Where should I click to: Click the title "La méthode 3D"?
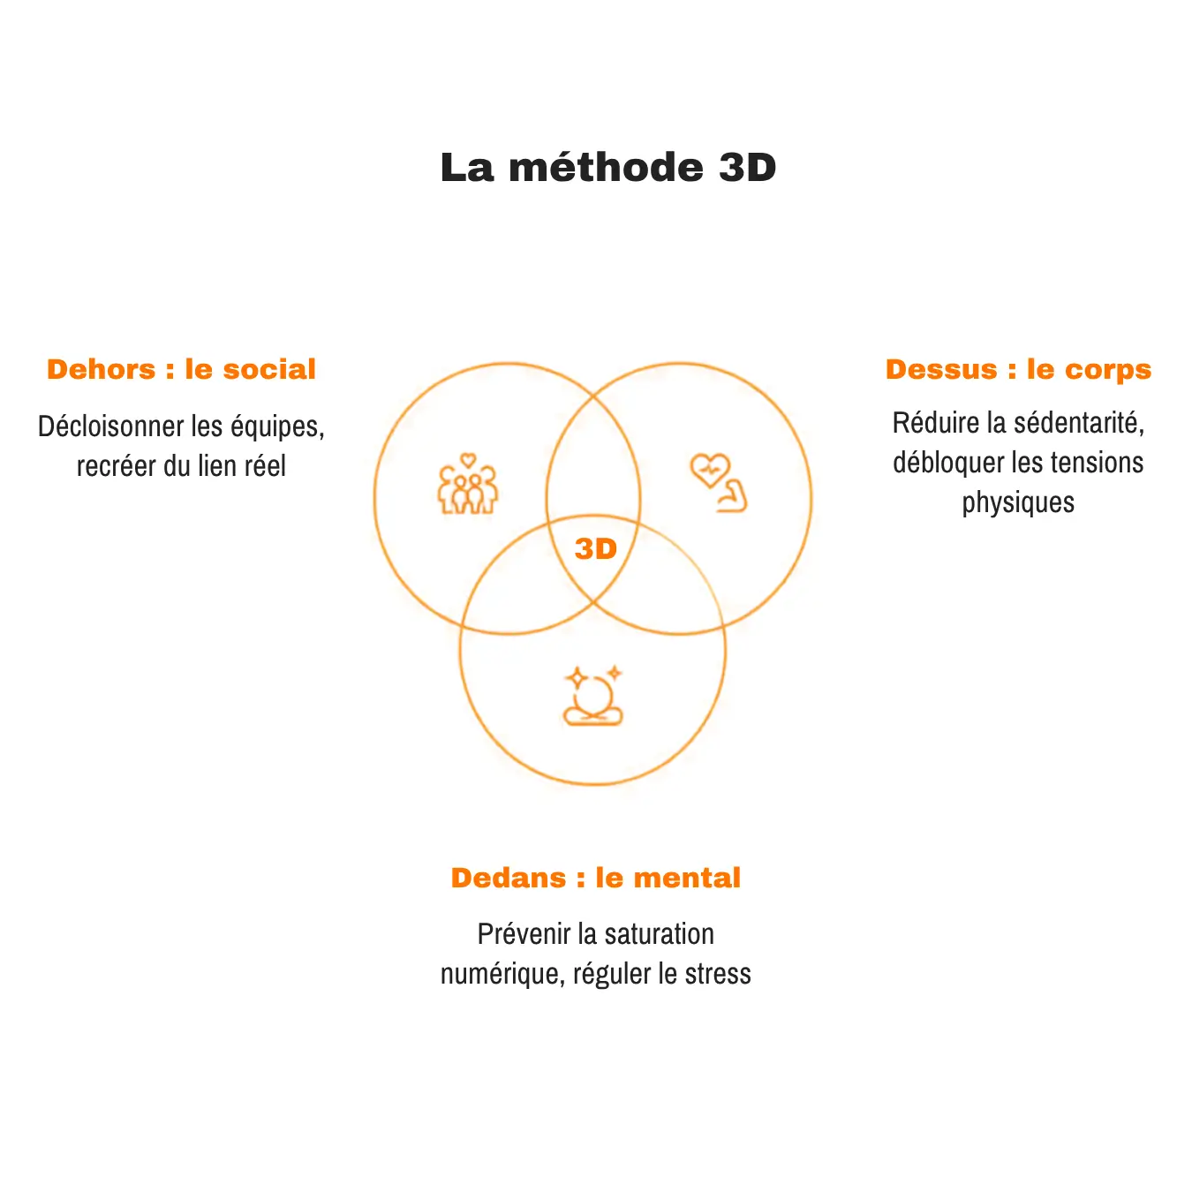608,167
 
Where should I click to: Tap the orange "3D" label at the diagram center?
596,548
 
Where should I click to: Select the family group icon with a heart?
468,484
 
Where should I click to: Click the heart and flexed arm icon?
718,483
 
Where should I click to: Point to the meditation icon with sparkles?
593,695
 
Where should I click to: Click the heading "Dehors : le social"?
181,369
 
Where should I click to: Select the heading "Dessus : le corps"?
1018,370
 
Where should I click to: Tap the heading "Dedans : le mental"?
596,878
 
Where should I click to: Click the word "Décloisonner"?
111,426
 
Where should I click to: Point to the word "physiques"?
1018,503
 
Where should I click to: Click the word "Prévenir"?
524,934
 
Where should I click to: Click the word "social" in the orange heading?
269,369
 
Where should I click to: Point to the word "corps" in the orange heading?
1108,371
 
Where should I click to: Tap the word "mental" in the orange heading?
687,878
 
